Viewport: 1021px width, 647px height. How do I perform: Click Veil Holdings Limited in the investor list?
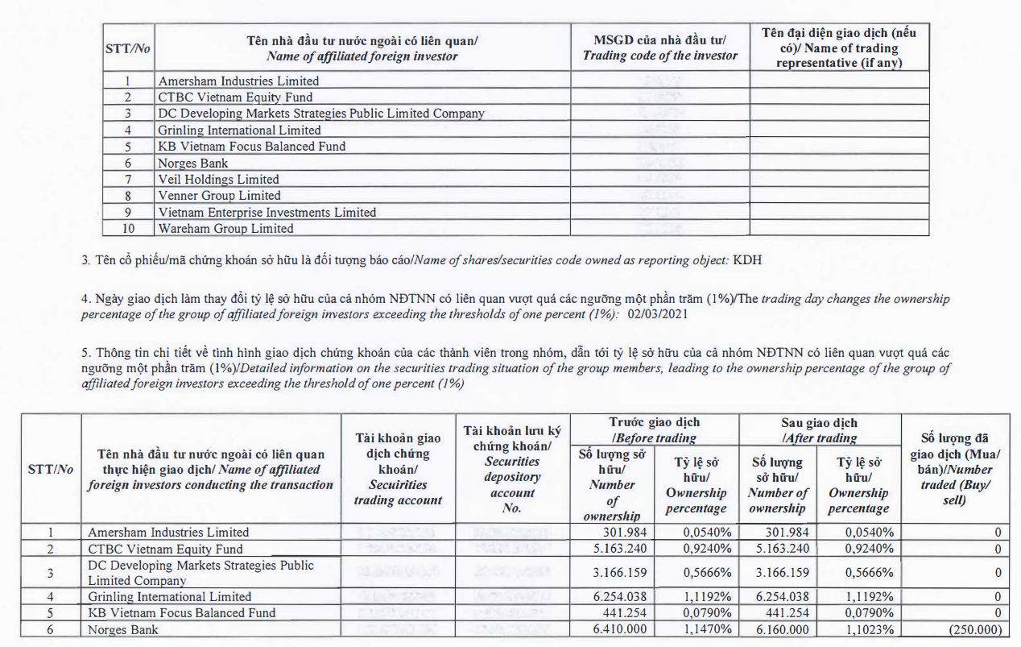218,179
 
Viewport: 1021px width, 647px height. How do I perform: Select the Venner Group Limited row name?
219,196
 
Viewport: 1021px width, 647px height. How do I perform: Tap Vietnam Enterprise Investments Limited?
267,212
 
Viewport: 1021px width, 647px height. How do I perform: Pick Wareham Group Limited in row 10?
225,229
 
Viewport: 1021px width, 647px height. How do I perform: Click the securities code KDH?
747,260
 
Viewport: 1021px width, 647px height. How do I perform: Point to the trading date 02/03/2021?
655,314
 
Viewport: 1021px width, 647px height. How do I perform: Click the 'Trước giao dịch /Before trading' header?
654,430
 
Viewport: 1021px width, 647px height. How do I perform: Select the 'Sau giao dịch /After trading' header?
819,430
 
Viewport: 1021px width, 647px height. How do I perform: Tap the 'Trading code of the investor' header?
659,48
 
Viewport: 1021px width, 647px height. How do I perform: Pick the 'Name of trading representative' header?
839,48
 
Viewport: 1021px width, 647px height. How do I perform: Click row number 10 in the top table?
128,229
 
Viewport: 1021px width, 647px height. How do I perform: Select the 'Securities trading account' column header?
398,470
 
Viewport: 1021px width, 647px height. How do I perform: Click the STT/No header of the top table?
128,48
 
